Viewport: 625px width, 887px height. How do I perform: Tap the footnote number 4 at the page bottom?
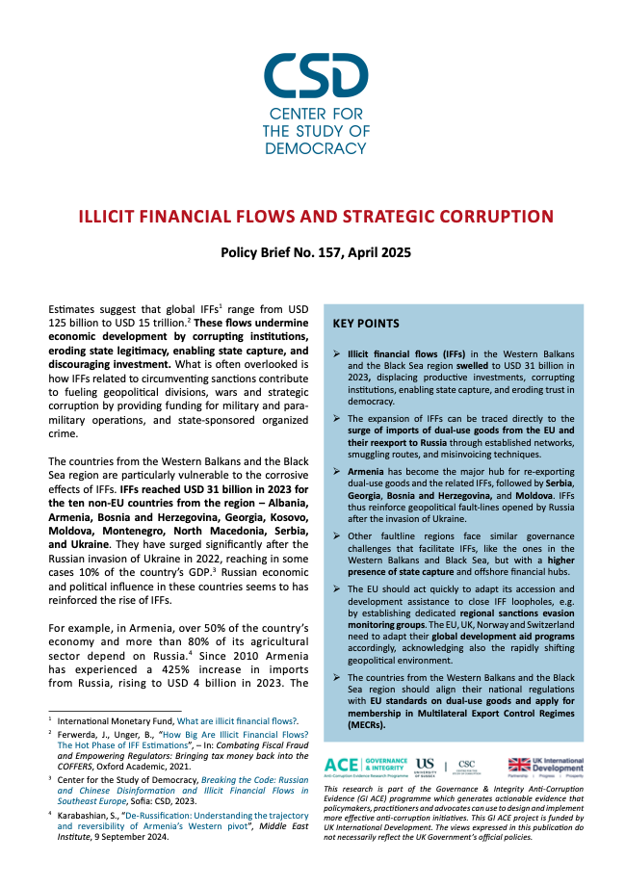pyautogui.click(x=50, y=814)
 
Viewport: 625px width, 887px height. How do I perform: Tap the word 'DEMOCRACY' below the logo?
pyautogui.click(x=315, y=148)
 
